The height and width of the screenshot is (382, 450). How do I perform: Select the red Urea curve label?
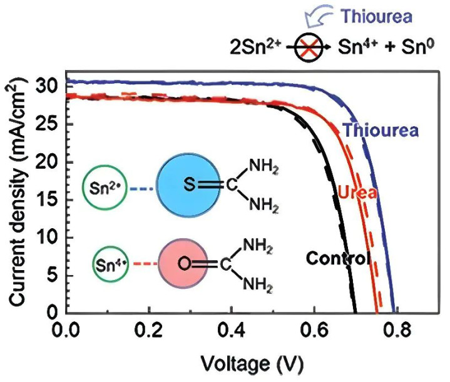[357, 193]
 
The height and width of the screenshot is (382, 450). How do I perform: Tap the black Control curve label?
[338, 258]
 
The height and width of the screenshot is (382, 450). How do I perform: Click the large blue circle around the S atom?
[190, 184]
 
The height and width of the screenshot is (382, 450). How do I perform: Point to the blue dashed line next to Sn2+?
[142, 186]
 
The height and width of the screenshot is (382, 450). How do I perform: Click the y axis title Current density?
[18, 199]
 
